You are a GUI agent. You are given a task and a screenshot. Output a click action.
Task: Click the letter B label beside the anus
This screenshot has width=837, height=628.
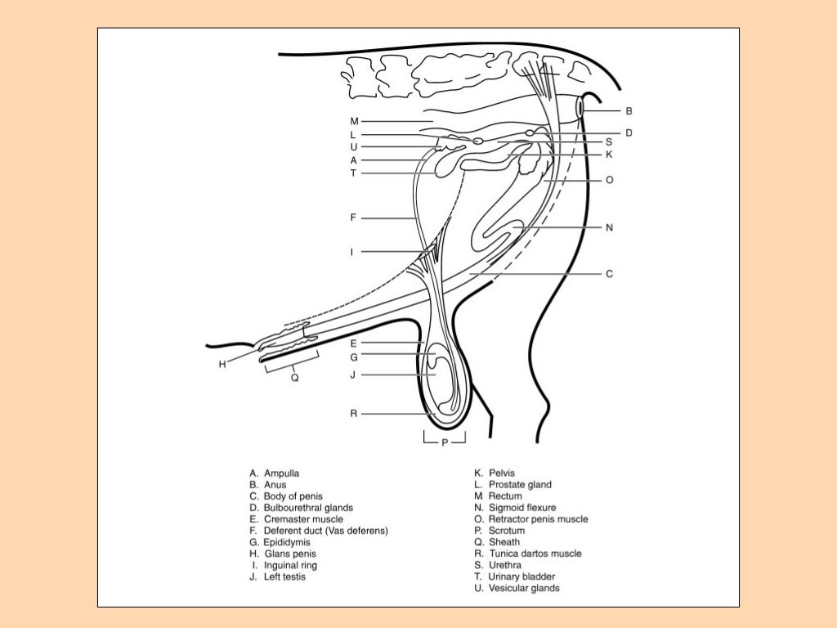point(629,110)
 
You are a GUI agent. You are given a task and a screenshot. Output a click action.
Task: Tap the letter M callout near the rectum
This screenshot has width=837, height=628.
point(353,121)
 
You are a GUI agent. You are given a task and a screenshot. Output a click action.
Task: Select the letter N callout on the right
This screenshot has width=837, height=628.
point(609,228)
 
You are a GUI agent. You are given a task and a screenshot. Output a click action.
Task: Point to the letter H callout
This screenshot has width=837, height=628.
point(222,365)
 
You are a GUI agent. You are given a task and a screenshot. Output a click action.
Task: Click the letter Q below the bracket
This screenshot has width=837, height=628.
point(294,378)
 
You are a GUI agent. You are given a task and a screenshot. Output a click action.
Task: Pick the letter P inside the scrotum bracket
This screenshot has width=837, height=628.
point(444,442)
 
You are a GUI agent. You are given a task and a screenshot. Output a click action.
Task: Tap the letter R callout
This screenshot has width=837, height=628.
point(353,414)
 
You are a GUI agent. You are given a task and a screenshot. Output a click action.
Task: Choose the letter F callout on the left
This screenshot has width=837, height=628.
point(353,218)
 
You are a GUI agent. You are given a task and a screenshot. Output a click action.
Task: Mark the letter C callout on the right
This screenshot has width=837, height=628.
point(609,274)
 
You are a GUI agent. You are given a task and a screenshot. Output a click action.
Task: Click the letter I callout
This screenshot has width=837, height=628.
point(352,252)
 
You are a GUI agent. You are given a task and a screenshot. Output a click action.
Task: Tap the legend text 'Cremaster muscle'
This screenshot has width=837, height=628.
point(303,519)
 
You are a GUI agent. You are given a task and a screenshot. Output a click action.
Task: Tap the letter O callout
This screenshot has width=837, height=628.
point(610,179)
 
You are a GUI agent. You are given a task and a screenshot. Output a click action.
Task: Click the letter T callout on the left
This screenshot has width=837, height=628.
point(353,173)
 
